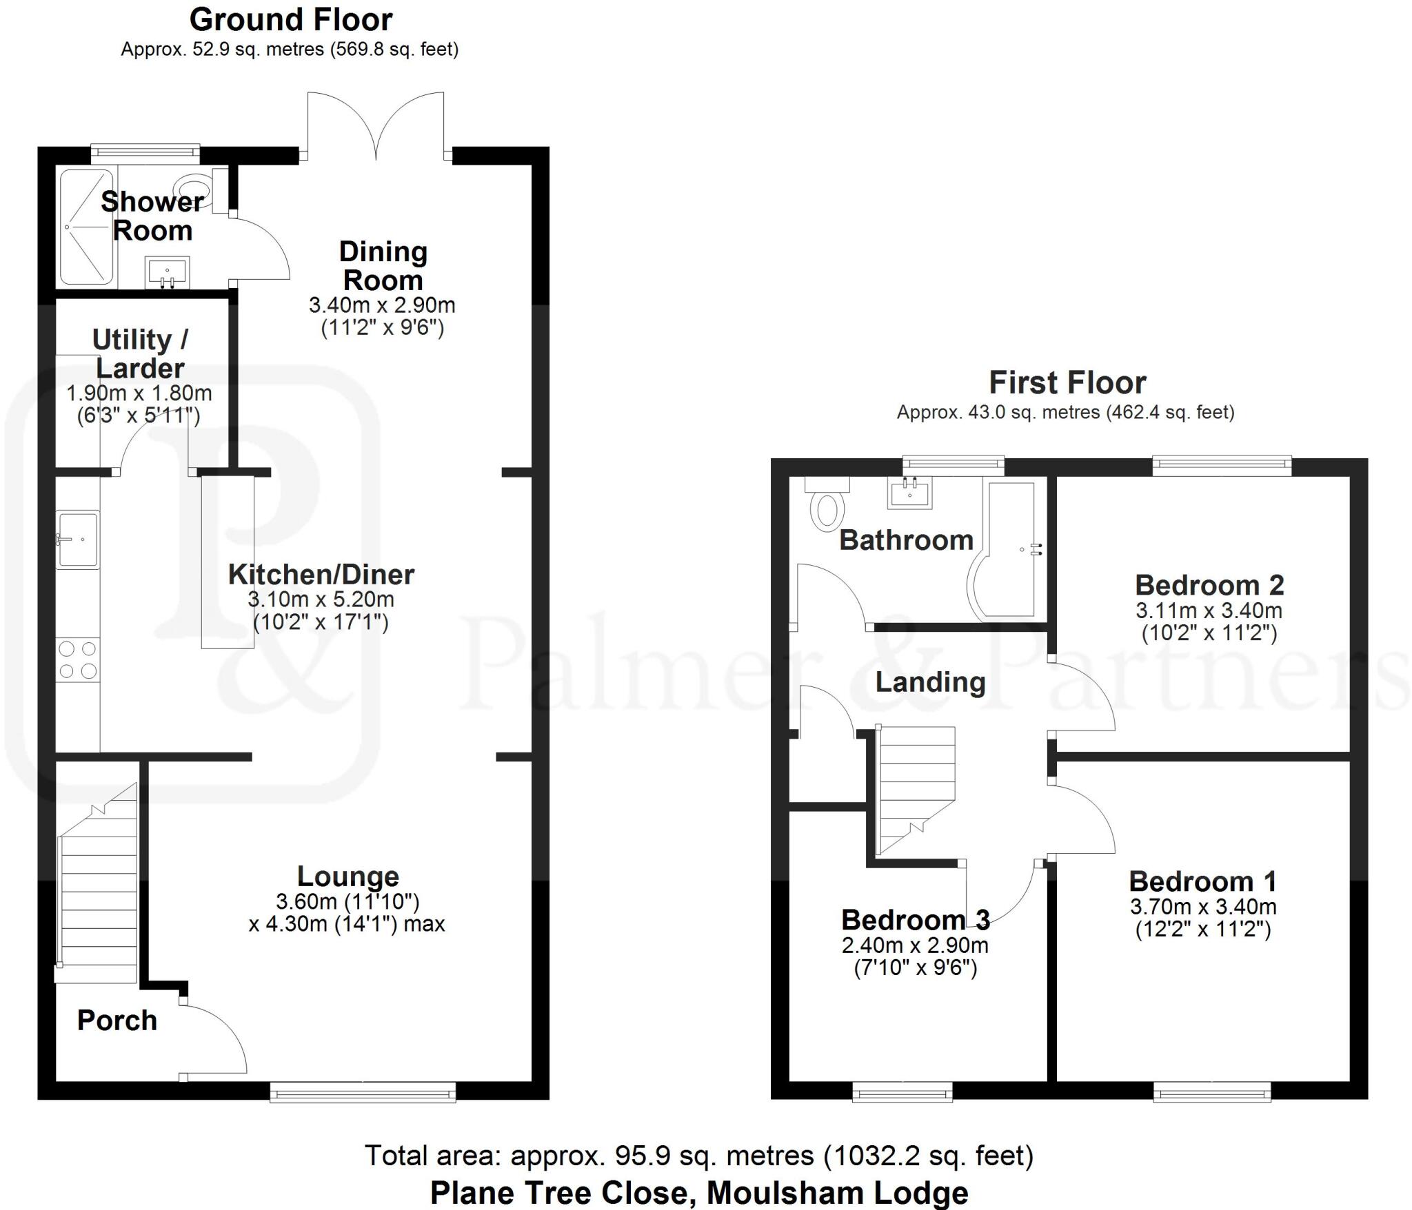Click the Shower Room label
click(152, 216)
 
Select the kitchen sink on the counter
click(77, 539)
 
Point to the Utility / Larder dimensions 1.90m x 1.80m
click(139, 393)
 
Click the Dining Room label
click(383, 266)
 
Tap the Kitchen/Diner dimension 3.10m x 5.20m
click(321, 599)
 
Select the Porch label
click(117, 1021)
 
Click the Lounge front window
click(363, 1091)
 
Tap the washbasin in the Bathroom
click(910, 492)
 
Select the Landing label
click(930, 682)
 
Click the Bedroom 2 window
click(1222, 466)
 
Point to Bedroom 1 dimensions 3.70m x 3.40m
click(1202, 907)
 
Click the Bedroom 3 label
click(915, 920)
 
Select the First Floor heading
click(1067, 382)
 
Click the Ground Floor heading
click(290, 20)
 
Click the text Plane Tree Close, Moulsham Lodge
click(698, 1193)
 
